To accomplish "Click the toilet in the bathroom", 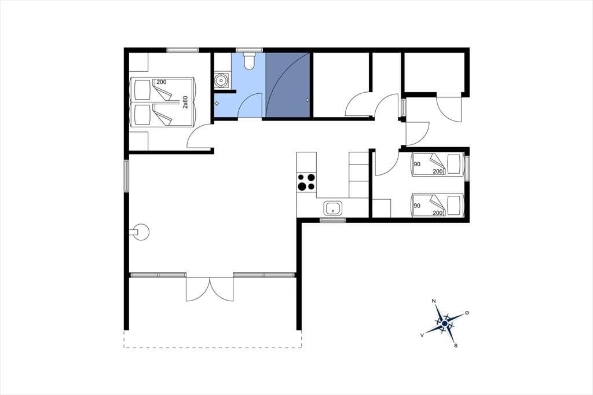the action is pyautogui.click(x=249, y=61).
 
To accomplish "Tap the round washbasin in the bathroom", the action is pyautogui.click(x=220, y=80).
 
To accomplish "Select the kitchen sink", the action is pyautogui.click(x=333, y=208).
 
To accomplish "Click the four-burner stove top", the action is pyautogui.click(x=306, y=182).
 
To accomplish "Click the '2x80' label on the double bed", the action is pyautogui.click(x=185, y=102).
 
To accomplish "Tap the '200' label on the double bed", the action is pyautogui.click(x=162, y=82).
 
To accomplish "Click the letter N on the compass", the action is pyautogui.click(x=434, y=301).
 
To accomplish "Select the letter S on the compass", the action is pyautogui.click(x=456, y=345).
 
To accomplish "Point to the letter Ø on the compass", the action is pyautogui.click(x=467, y=313).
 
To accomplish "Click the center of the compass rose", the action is pyautogui.click(x=445, y=324).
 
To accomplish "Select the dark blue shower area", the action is pyautogui.click(x=288, y=85).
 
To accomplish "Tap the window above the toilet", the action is pyautogui.click(x=249, y=50).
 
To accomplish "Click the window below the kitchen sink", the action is pyautogui.click(x=332, y=220).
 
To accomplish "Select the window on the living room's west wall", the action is pyautogui.click(x=126, y=176).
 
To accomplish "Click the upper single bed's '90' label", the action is pyautogui.click(x=417, y=164).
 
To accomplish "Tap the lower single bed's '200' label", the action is pyautogui.click(x=438, y=213).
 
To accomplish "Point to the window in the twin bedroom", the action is pyautogui.click(x=467, y=169).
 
